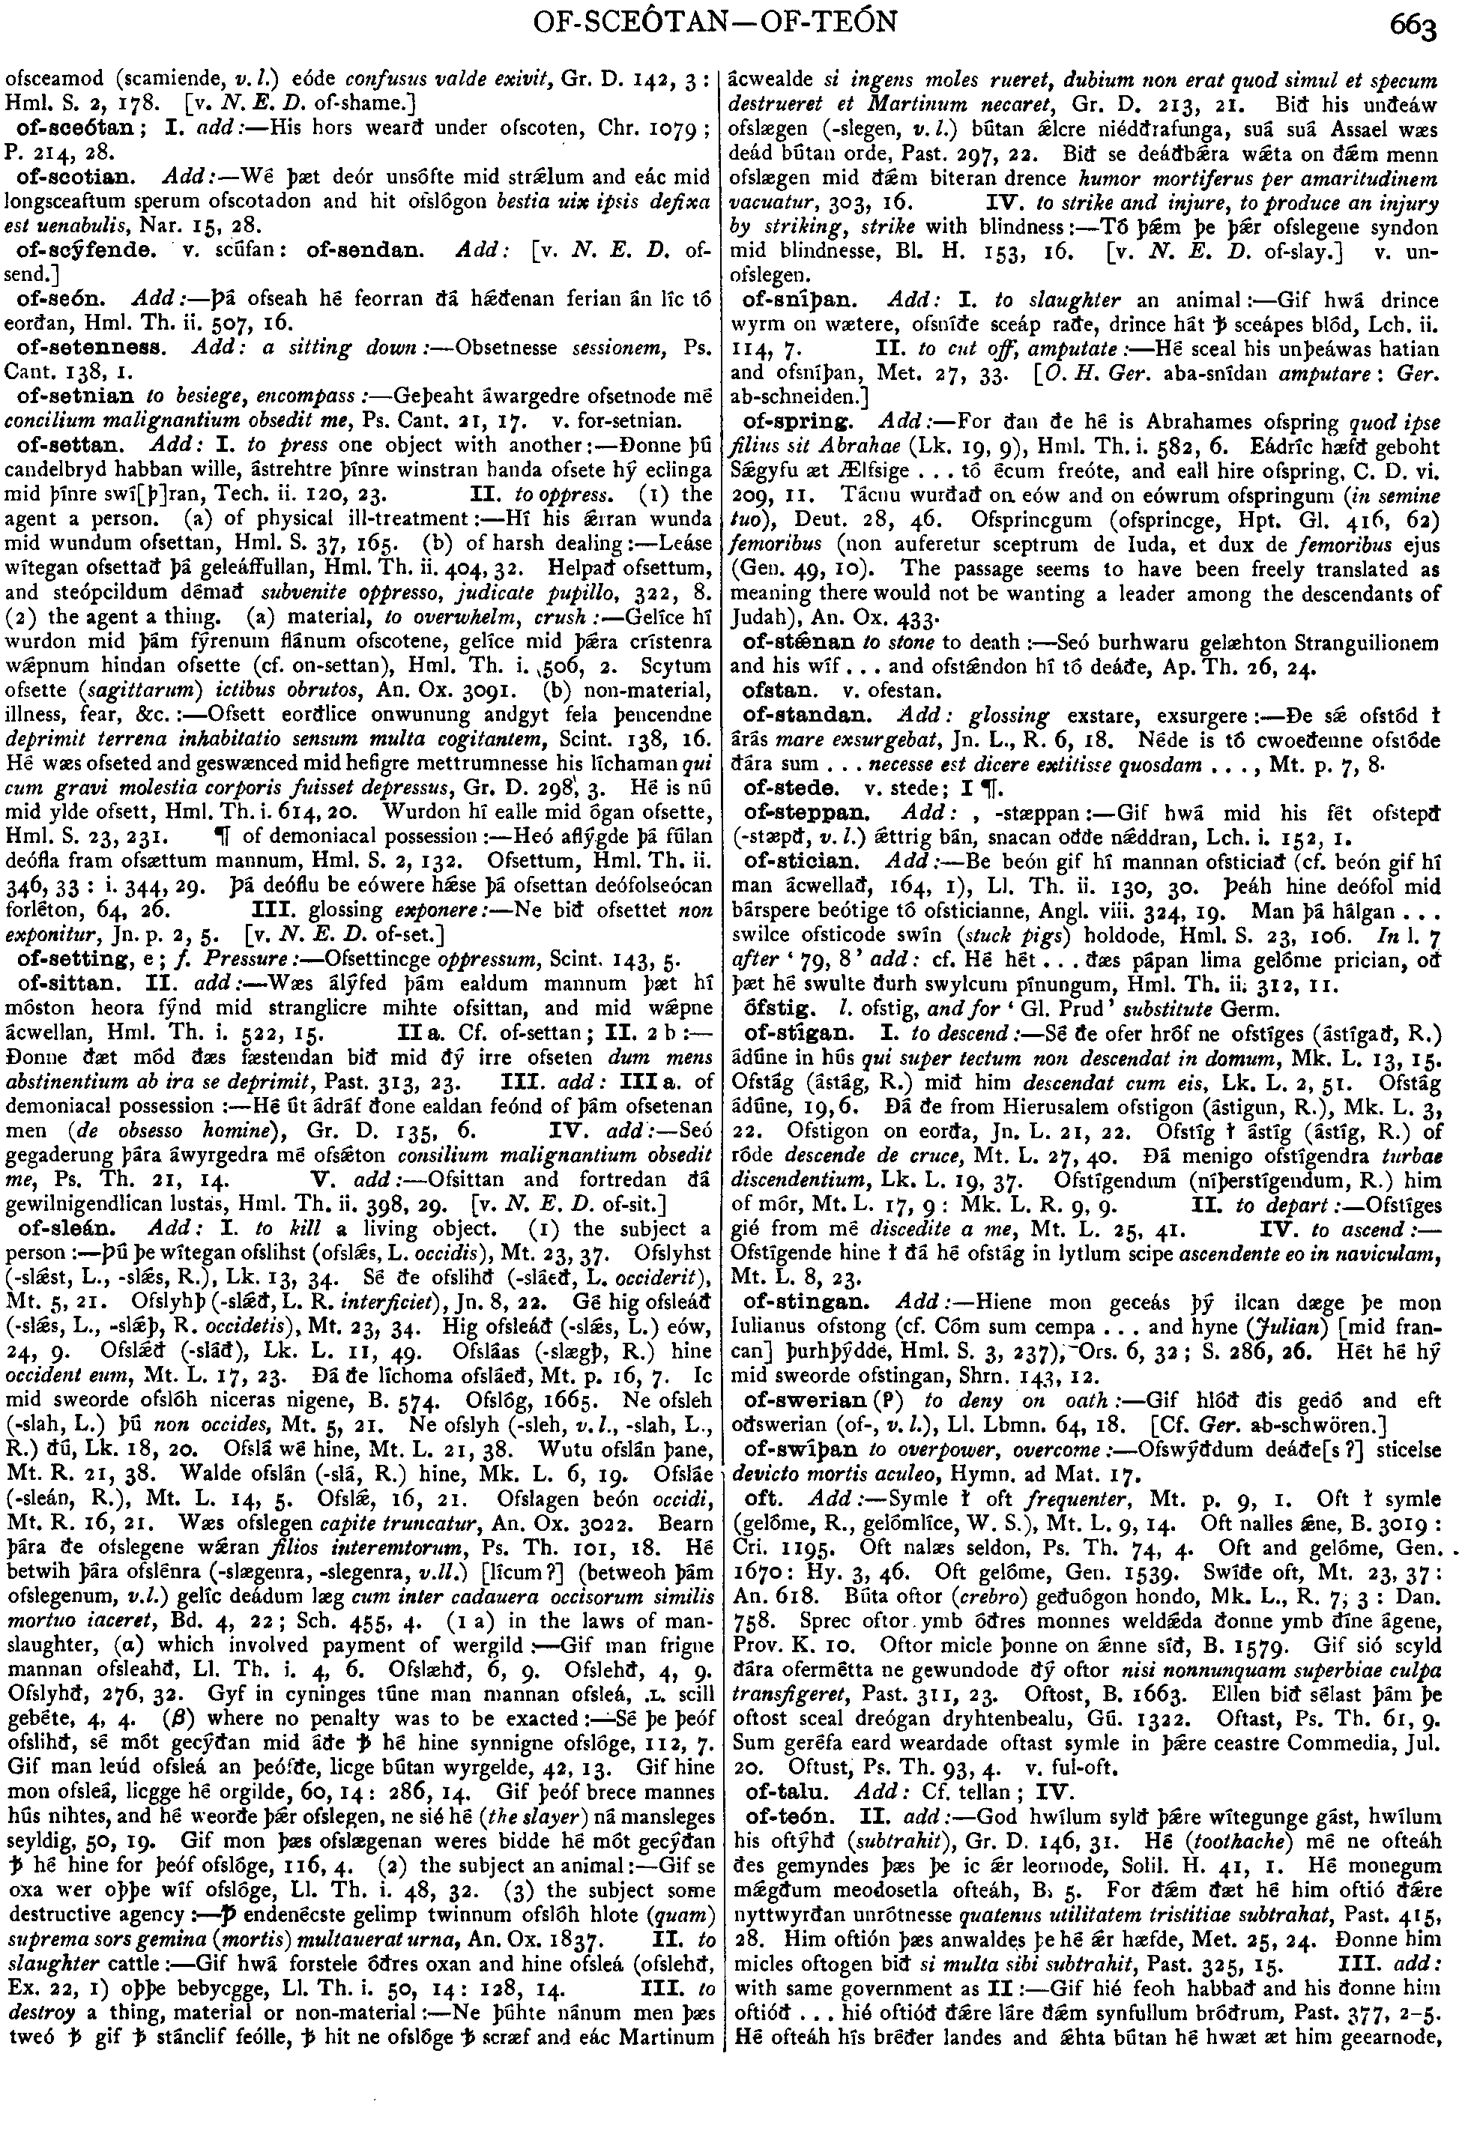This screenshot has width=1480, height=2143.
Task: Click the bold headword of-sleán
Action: pyautogui.click(x=55, y=1229)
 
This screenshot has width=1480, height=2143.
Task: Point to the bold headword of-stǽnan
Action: pyautogui.click(x=785, y=641)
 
